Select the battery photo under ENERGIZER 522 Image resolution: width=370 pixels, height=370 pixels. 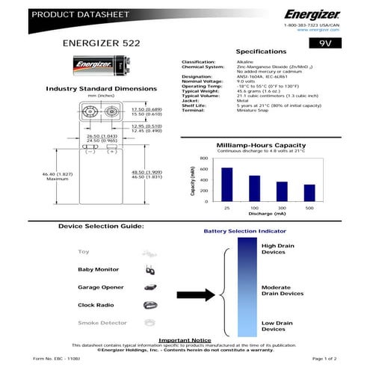coord(93,67)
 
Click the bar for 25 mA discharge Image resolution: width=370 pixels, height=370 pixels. coord(226,184)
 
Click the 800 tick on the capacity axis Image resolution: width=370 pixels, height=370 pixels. coord(203,158)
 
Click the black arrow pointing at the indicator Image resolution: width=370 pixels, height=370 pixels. coord(200,294)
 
